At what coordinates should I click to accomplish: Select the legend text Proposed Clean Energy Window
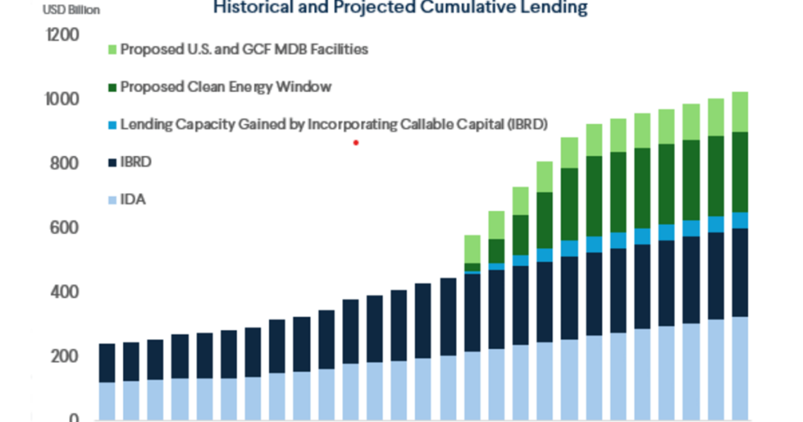click(x=226, y=87)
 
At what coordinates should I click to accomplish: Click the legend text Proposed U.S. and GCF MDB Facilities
click(x=244, y=49)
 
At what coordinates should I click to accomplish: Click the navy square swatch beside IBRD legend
click(x=111, y=163)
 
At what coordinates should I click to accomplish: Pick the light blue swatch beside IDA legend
click(x=111, y=200)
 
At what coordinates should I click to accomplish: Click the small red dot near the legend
click(x=356, y=143)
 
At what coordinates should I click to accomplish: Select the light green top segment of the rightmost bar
click(x=739, y=111)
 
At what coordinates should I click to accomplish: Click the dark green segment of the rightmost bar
click(x=739, y=172)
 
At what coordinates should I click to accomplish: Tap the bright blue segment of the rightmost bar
click(x=739, y=220)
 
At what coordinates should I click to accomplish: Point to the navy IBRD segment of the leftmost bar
click(x=107, y=362)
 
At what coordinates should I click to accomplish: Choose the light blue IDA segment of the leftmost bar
click(x=107, y=401)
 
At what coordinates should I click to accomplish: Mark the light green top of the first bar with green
click(x=472, y=249)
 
